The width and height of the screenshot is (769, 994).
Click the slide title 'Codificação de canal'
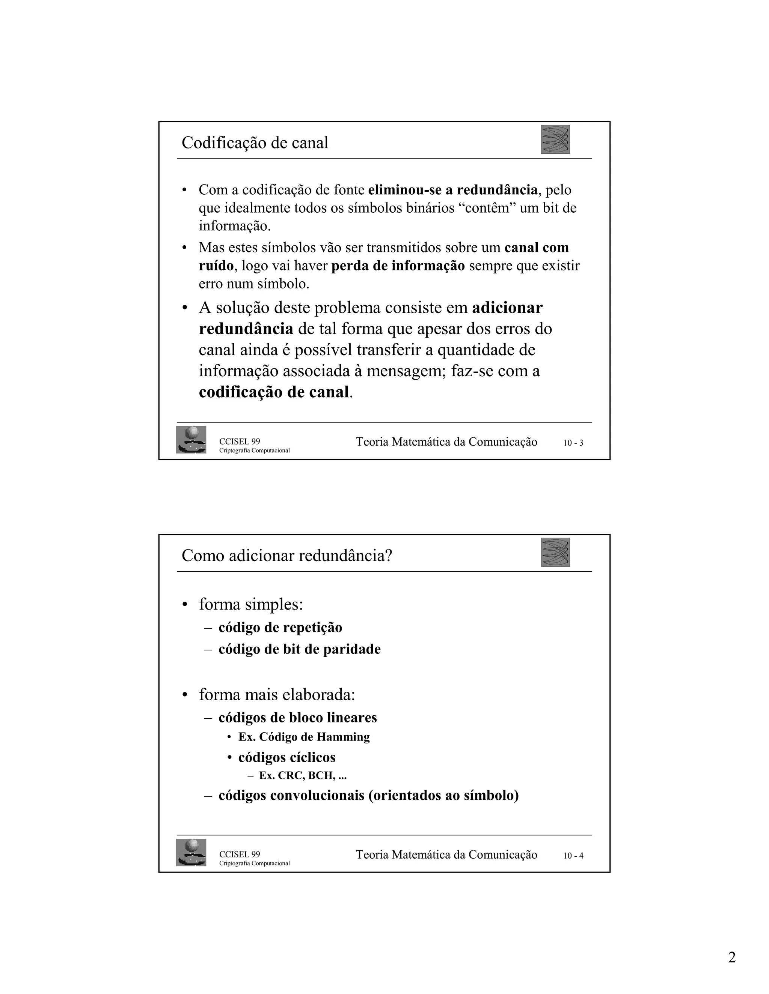[x=255, y=143]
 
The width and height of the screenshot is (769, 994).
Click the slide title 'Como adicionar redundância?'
[x=286, y=556]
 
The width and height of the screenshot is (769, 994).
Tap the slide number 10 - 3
[x=573, y=443]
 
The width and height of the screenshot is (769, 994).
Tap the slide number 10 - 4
[x=573, y=856]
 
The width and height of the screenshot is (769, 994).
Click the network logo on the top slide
[x=555, y=139]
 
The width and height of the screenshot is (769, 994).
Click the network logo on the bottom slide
[x=555, y=552]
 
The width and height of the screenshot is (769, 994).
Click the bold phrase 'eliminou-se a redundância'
[x=453, y=190]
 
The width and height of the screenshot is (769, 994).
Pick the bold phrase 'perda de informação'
[x=398, y=266]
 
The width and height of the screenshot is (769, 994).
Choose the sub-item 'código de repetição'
[x=280, y=627]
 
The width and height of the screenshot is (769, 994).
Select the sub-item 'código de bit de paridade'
[x=299, y=649]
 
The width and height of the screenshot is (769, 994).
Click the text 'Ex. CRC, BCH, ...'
[x=303, y=776]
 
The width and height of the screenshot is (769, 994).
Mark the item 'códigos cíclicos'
[x=286, y=757]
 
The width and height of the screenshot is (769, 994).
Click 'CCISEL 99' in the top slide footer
[x=240, y=441]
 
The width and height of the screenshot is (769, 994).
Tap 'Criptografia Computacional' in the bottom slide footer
[x=254, y=863]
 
